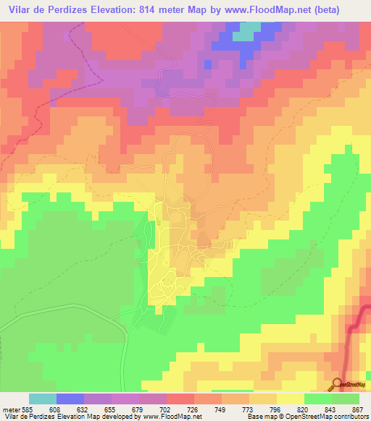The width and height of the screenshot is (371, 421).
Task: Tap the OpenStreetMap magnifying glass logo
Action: coord(338,383)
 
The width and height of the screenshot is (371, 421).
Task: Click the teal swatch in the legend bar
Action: coord(43,399)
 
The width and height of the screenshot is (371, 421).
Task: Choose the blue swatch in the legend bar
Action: coord(70,399)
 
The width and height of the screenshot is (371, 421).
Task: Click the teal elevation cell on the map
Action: coord(248,30)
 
